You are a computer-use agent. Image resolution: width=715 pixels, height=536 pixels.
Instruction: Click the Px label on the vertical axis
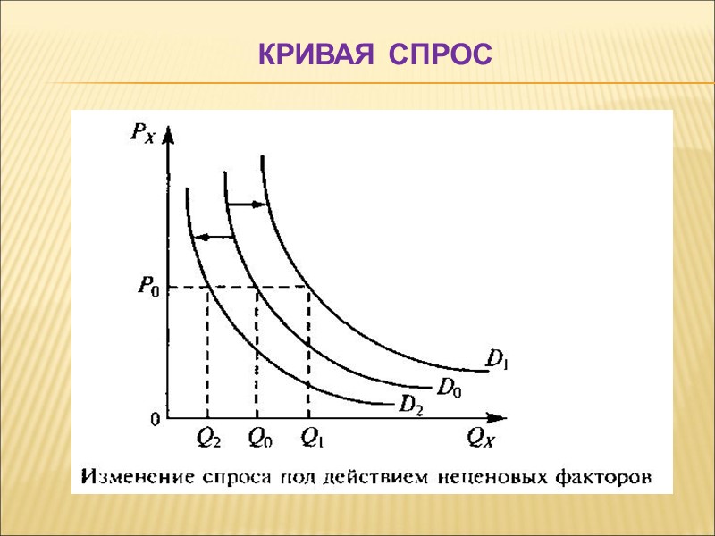click(x=142, y=135)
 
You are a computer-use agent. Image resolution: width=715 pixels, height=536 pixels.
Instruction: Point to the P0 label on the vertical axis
click(x=148, y=287)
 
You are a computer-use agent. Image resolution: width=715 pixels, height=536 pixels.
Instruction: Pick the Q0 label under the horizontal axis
click(x=259, y=438)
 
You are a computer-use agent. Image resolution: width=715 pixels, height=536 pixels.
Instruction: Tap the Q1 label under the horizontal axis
click(x=313, y=438)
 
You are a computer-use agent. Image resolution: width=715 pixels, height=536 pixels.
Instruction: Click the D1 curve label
click(x=496, y=360)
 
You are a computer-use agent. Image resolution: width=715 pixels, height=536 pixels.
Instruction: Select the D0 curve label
click(x=449, y=387)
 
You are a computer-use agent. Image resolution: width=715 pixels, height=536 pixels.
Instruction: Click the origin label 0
click(x=155, y=418)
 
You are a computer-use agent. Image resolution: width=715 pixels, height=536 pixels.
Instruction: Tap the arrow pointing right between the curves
click(x=248, y=205)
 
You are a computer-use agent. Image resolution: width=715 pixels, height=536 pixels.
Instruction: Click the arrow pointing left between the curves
click(x=214, y=237)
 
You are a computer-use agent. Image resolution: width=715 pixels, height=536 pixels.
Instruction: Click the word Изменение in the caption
click(x=129, y=475)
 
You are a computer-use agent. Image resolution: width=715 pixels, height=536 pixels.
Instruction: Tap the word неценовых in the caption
click(x=483, y=475)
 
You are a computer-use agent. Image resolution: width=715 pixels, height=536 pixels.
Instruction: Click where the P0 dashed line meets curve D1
click(x=309, y=287)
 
